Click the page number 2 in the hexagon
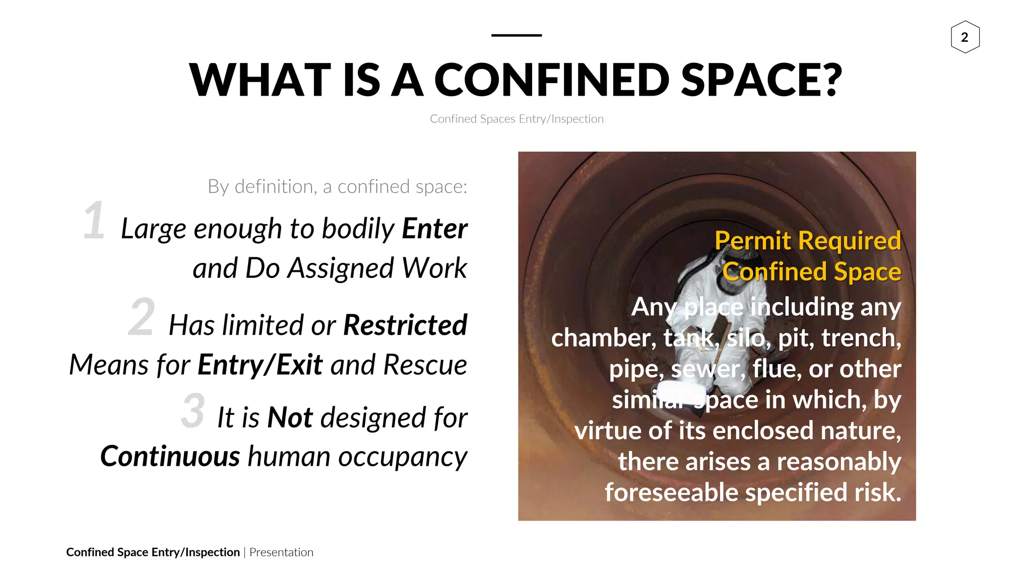[964, 37]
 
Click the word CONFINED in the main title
[551, 80]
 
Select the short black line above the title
[516, 35]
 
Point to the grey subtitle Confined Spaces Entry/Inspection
[516, 119]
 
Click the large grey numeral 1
[94, 221]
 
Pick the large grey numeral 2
[141, 317]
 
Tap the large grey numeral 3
[193, 411]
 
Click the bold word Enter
[434, 229]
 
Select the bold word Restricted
[405, 325]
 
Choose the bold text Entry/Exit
[260, 365]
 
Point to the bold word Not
[290, 417]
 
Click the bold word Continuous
[170, 456]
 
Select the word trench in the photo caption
[860, 338]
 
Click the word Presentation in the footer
[281, 552]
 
